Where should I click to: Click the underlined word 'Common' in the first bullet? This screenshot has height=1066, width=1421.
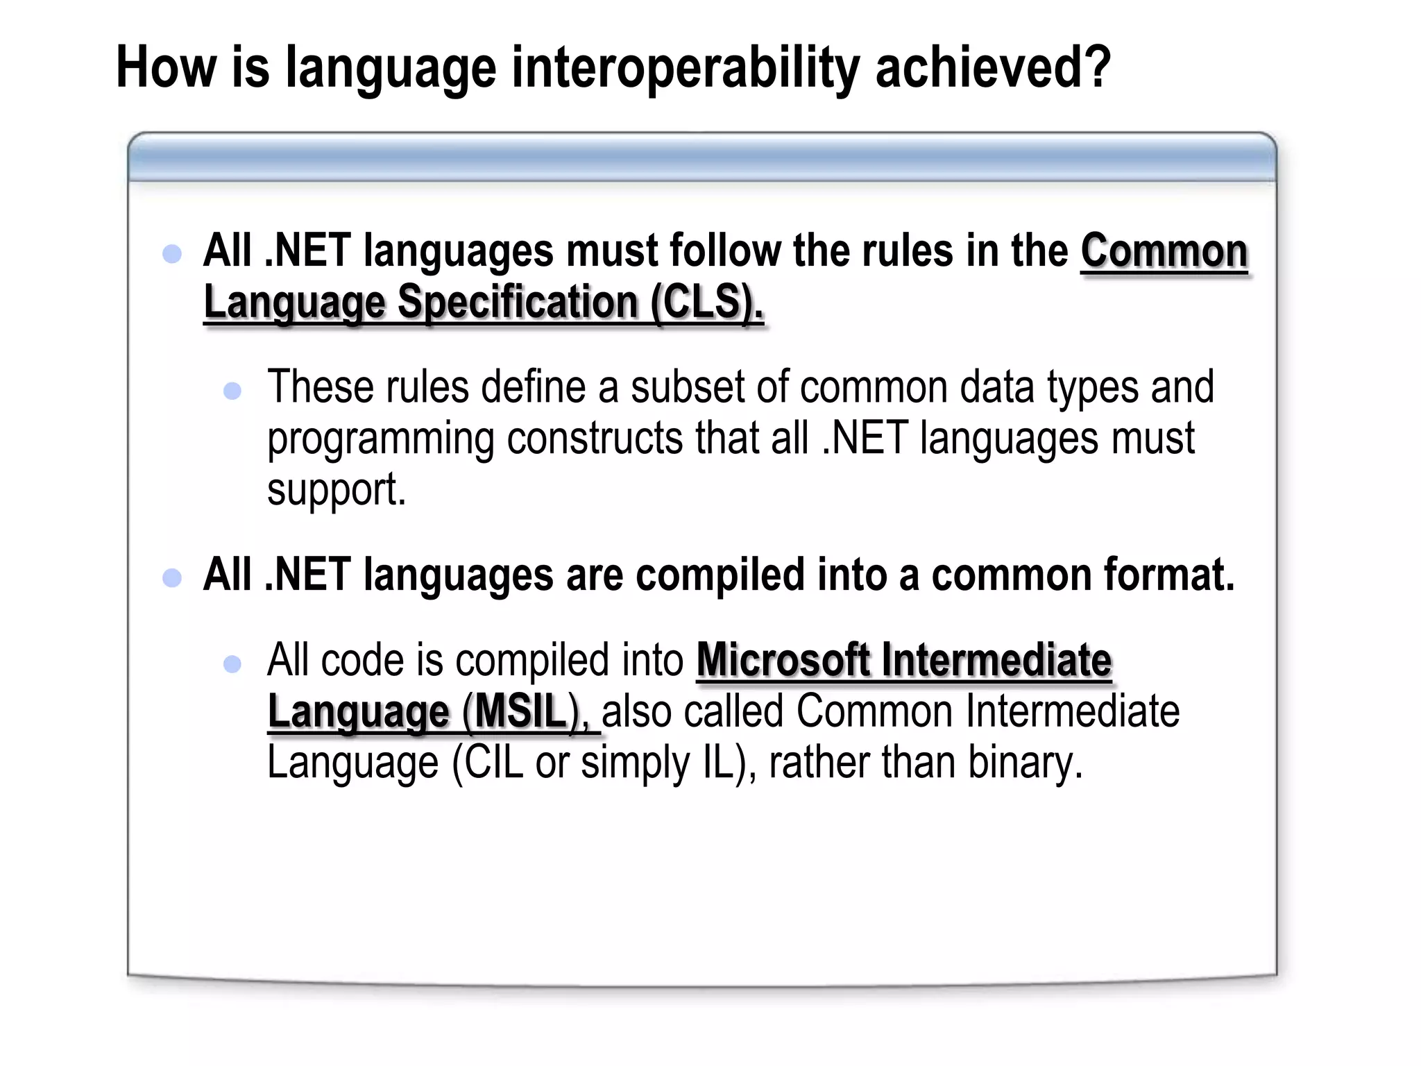tap(1164, 251)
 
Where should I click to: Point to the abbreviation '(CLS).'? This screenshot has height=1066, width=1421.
tap(706, 303)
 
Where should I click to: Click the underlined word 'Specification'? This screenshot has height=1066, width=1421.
tap(518, 303)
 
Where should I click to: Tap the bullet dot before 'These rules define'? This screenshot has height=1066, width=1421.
tap(232, 391)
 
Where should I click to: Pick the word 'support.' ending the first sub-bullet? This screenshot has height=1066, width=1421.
tap(336, 490)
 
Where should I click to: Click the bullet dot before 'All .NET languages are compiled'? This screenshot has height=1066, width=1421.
tap(171, 577)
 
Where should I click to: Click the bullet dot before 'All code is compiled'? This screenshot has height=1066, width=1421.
tap(232, 664)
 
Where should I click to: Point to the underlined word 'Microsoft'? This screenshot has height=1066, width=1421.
tap(783, 660)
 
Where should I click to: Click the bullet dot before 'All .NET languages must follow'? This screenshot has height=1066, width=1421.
tap(171, 253)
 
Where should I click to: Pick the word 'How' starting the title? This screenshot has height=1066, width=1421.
tap(166, 67)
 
